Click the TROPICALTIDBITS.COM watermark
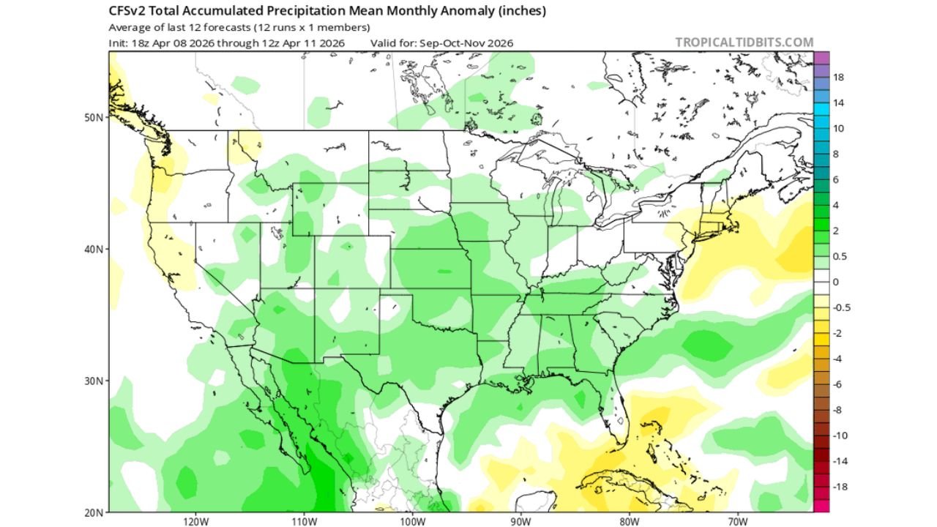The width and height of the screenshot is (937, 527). [744, 42]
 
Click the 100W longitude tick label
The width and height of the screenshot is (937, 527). [412, 522]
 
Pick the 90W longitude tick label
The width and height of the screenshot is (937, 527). [520, 522]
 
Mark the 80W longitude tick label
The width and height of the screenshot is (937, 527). [629, 522]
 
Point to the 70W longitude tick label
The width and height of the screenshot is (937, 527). [737, 522]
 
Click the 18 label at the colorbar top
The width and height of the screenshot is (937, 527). [840, 77]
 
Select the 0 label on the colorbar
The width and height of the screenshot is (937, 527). [837, 282]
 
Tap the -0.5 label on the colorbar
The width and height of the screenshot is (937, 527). [842, 307]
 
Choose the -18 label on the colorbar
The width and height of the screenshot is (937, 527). [841, 487]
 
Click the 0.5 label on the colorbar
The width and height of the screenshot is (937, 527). [840, 256]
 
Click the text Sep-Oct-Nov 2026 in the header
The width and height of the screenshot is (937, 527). [466, 43]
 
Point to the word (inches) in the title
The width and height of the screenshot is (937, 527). [518, 12]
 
